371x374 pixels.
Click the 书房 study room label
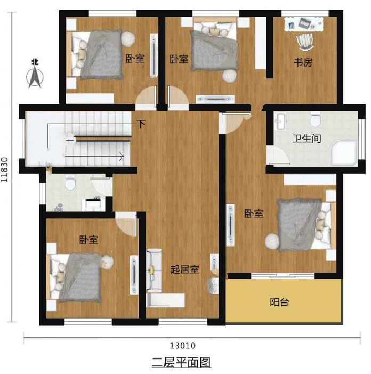pyautogui.click(x=303, y=62)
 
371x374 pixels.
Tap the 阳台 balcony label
pyautogui.click(x=279, y=302)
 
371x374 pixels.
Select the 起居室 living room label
pyautogui.click(x=185, y=270)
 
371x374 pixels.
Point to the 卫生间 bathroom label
pyautogui.click(x=307, y=139)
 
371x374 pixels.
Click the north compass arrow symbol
pyautogui.click(x=35, y=77)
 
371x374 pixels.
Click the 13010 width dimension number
pyautogui.click(x=183, y=346)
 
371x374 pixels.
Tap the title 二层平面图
pyautogui.click(x=182, y=363)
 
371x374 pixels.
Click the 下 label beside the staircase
pyautogui.click(x=141, y=124)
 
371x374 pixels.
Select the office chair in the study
pyautogui.click(x=305, y=42)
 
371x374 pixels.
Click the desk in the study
pyautogui.click(x=304, y=24)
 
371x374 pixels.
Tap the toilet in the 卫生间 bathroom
pyautogui.click(x=316, y=120)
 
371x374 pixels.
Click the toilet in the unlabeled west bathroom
pyautogui.click(x=70, y=182)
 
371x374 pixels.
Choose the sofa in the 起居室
pyautogui.click(x=154, y=271)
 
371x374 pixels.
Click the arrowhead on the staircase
pyautogui.click(x=122, y=157)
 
